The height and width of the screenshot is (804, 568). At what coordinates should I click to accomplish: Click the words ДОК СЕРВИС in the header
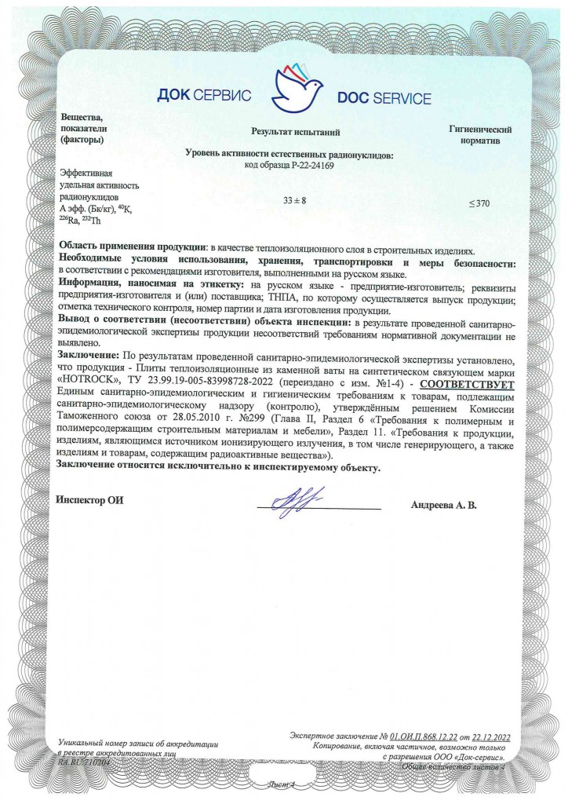coord(204,97)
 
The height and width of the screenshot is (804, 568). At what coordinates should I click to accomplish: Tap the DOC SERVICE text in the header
coord(384,98)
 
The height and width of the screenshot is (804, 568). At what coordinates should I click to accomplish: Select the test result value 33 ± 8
coord(295,202)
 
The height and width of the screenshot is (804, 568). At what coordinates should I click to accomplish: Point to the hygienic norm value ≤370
coord(479,203)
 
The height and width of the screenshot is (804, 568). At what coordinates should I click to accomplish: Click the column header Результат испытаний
coord(295,133)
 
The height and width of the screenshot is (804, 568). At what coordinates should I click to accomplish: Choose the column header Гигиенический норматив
coord(480,134)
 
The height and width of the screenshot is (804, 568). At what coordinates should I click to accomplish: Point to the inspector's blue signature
coord(291,499)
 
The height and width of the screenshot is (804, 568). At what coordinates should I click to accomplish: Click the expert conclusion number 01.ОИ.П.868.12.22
coord(435,735)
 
